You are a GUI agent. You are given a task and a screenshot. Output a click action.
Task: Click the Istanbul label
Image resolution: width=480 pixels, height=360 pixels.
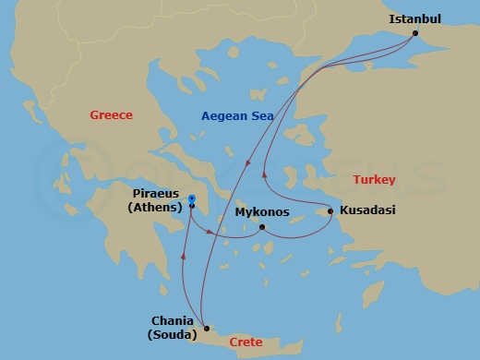415,18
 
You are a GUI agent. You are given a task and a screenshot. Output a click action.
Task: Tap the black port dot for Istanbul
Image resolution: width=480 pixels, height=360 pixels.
415,34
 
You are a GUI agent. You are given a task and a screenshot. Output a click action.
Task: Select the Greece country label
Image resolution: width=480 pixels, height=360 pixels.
111,115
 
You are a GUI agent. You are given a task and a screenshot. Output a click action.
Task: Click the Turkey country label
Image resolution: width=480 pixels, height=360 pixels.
375,179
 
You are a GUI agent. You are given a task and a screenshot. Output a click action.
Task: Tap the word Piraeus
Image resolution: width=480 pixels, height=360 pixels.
154,197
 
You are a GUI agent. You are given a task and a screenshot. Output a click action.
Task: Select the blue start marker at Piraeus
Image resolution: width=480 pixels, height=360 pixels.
191,198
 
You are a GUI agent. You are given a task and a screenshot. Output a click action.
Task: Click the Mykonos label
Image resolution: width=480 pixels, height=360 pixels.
262,212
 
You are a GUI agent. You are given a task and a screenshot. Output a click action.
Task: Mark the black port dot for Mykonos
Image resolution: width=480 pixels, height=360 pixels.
262,227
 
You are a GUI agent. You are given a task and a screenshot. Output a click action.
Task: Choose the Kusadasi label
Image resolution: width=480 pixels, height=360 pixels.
367,210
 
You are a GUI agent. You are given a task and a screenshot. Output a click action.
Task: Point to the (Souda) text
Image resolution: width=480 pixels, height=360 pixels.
172,335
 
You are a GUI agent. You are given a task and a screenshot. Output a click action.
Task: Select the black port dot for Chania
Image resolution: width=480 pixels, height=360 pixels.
207,328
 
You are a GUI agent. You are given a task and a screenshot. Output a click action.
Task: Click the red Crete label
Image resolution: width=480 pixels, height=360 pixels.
245,342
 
